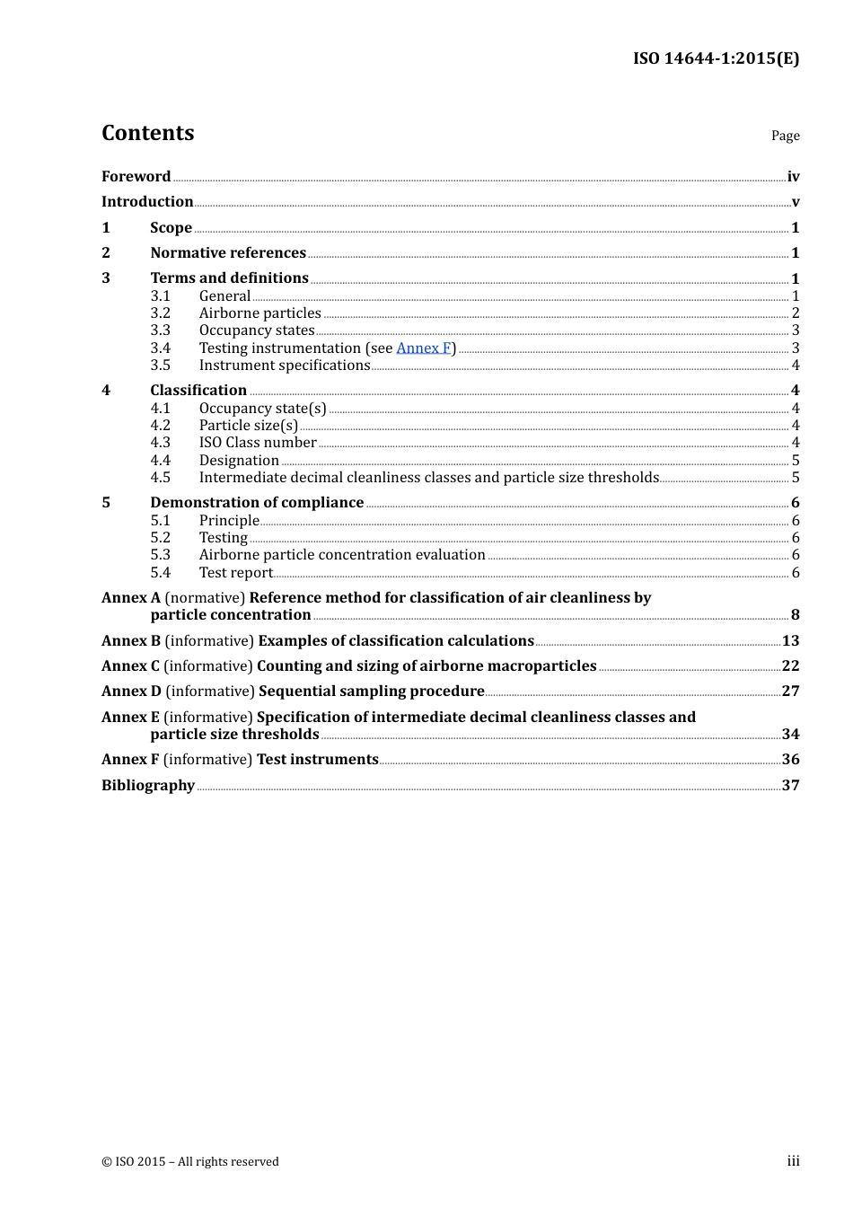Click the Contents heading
click(x=147, y=133)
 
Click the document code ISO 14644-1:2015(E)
click(x=716, y=58)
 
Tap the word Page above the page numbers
click(x=785, y=136)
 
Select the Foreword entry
click(x=136, y=176)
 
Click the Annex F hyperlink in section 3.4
click(x=423, y=348)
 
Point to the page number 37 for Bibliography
click(x=790, y=785)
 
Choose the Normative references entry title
click(x=228, y=252)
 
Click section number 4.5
click(x=160, y=477)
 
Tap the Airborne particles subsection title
click(x=259, y=313)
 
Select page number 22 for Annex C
click(x=790, y=665)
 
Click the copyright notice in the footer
click(x=190, y=1161)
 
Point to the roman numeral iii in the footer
click(x=793, y=1160)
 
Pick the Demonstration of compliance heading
click(x=257, y=502)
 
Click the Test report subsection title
click(x=235, y=572)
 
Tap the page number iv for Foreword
click(x=793, y=176)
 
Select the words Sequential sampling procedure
click(x=372, y=691)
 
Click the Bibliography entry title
click(x=148, y=785)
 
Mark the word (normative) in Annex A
click(x=205, y=597)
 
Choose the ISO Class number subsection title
click(x=258, y=442)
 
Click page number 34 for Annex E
click(x=790, y=734)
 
